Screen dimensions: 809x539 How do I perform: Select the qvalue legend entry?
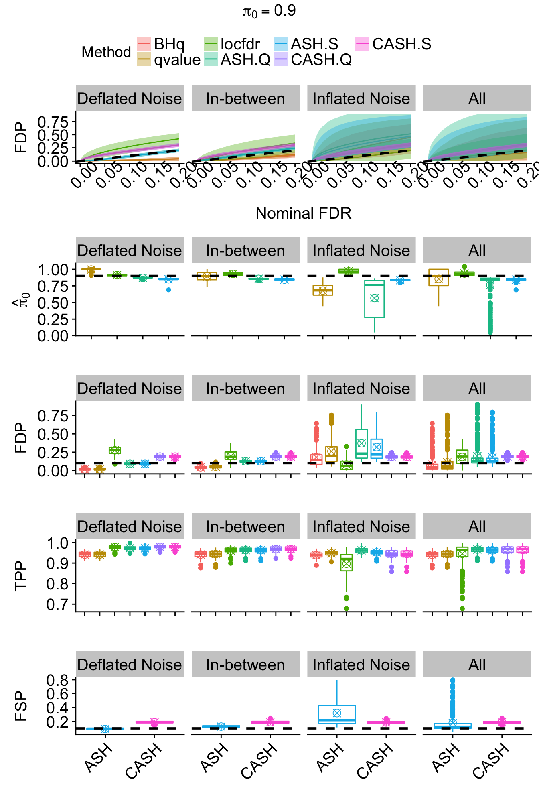(x=168, y=59)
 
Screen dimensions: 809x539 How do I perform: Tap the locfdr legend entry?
(x=232, y=44)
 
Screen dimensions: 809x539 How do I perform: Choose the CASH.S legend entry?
(x=393, y=44)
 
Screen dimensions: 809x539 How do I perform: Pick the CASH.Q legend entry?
(x=313, y=59)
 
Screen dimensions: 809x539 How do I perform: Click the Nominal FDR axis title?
(x=303, y=213)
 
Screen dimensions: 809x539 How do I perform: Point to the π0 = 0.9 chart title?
(x=269, y=11)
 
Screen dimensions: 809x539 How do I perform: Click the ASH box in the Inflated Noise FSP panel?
(x=337, y=714)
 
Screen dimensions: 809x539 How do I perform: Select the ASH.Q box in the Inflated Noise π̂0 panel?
(x=374, y=299)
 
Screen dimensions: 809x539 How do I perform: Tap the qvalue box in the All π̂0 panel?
(x=438, y=277)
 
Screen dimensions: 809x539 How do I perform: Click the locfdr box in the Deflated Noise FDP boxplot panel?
(x=115, y=450)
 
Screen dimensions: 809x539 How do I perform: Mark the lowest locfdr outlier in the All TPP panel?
(x=462, y=608)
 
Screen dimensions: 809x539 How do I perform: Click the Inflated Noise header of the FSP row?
(x=361, y=665)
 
